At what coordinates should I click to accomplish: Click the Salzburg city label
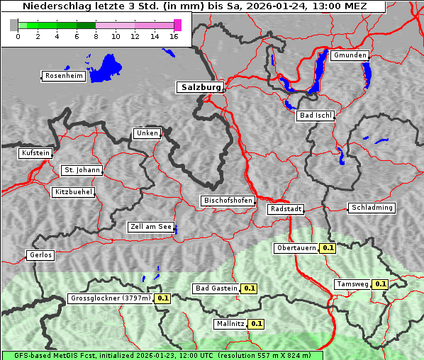(x=200, y=87)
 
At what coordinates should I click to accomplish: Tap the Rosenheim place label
(x=63, y=76)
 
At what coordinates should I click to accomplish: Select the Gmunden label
(x=350, y=55)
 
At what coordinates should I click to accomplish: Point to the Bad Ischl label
(x=315, y=116)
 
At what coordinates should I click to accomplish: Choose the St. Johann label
(x=82, y=170)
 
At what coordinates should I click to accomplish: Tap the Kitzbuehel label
(x=73, y=192)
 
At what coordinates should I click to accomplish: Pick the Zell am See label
(x=150, y=227)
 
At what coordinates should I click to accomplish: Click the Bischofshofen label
(x=228, y=201)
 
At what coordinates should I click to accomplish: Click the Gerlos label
(x=40, y=255)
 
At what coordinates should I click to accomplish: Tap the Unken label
(x=147, y=133)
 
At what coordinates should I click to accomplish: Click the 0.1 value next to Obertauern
(x=328, y=248)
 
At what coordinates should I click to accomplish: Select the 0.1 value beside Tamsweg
(x=380, y=284)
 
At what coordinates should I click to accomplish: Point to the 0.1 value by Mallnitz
(x=257, y=324)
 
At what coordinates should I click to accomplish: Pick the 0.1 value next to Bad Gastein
(x=249, y=288)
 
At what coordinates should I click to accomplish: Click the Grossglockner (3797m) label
(x=111, y=298)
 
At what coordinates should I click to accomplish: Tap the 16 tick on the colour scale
(x=174, y=35)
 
